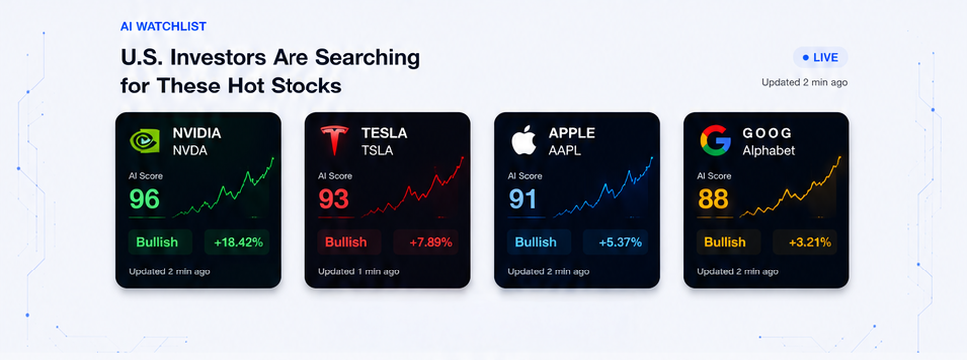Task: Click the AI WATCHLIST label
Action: tap(163, 27)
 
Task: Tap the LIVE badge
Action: tap(820, 58)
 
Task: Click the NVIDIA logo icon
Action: tap(145, 140)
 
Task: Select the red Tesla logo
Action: tap(334, 140)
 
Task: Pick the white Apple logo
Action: tap(523, 140)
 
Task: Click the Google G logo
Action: tap(715, 140)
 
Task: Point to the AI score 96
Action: tap(145, 199)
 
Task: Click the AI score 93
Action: tap(333, 199)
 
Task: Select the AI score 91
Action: tap(522, 199)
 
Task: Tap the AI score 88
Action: tap(713, 199)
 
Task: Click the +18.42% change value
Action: tap(238, 243)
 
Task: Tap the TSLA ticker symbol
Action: tap(377, 150)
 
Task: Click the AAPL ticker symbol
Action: tap(565, 150)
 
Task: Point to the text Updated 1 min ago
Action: tap(359, 271)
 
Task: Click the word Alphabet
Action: tap(768, 150)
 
